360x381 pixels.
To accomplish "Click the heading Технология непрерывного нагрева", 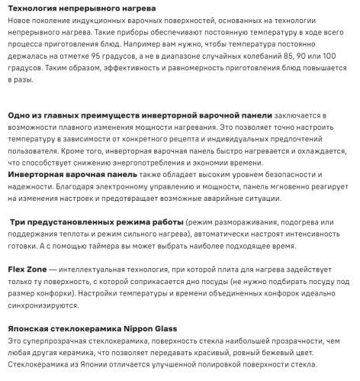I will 72,8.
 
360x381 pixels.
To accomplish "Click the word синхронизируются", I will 43,306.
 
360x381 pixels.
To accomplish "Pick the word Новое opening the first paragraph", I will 22,20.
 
